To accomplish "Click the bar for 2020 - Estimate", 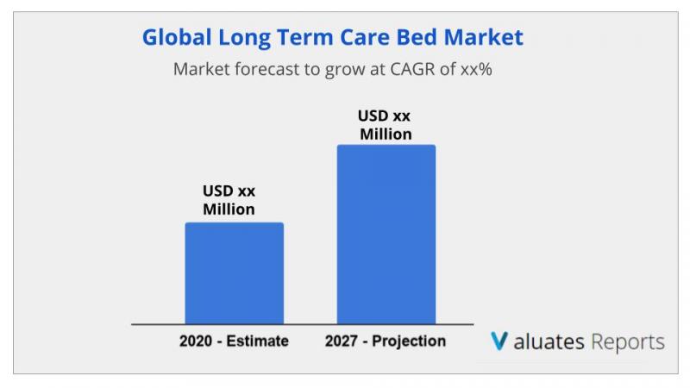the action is [x=234, y=273].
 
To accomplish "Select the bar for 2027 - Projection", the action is [x=386, y=235].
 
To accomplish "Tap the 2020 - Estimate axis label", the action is [x=234, y=341].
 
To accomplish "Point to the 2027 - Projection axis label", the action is [x=386, y=341].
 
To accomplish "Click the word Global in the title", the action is [x=177, y=37].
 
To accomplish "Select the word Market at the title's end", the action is [x=484, y=37].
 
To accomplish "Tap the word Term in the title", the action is [x=304, y=37].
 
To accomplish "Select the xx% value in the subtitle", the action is [x=476, y=70].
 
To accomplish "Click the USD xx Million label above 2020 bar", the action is [x=229, y=200].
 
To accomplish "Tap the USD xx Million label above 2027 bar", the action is [x=385, y=125].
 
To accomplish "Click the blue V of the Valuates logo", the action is [x=499, y=341].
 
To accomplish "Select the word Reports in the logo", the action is [x=628, y=342].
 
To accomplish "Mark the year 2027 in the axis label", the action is [x=341, y=341].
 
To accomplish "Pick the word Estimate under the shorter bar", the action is [x=257, y=341].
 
